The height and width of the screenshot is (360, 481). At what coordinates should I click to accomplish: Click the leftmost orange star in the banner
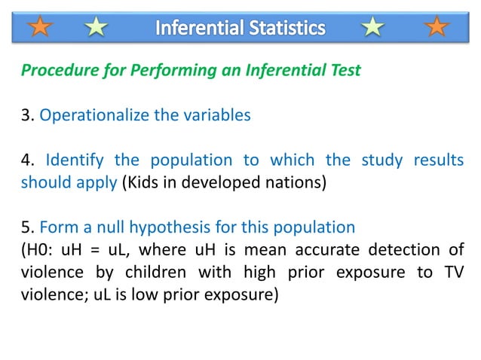(42, 28)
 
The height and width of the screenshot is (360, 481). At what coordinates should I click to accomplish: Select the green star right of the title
(372, 28)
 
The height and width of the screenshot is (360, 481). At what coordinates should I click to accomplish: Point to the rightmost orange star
(436, 28)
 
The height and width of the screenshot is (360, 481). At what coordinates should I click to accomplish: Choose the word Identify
(75, 160)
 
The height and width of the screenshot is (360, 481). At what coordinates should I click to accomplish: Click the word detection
(412, 249)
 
